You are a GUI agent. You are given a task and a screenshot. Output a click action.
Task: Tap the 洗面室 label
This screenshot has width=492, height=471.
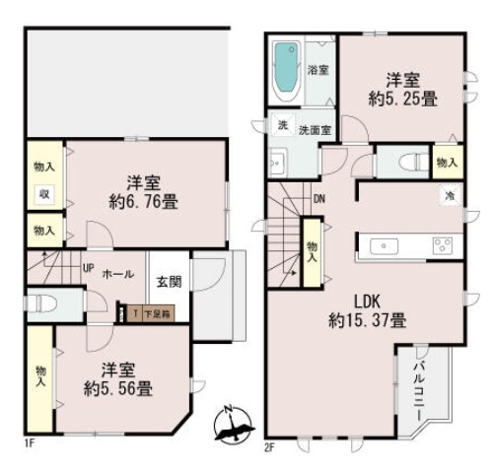click(x=314, y=129)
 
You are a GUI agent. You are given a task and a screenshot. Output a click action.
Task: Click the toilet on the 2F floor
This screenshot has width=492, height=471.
click(x=413, y=163)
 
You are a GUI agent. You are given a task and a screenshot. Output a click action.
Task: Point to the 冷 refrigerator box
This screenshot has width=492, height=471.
click(x=448, y=197)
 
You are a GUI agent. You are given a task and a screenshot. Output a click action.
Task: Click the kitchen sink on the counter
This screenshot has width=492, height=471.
click(x=382, y=245)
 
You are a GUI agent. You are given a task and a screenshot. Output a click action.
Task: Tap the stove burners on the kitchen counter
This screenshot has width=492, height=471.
click(x=441, y=245)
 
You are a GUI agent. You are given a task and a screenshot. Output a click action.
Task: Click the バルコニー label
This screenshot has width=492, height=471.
click(x=418, y=385)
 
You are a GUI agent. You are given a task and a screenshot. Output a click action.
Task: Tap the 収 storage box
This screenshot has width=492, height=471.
click(x=45, y=194)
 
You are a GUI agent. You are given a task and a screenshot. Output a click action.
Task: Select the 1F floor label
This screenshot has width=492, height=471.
click(x=31, y=444)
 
